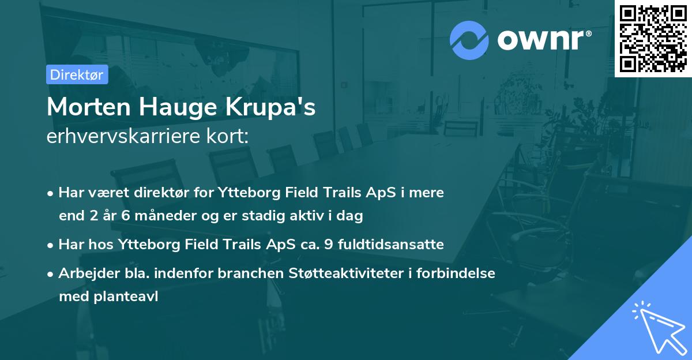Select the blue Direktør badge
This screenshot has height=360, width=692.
click(77, 74)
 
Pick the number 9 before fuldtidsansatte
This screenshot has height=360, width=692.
click(328, 245)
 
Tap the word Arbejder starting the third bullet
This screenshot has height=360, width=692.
click(85, 274)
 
